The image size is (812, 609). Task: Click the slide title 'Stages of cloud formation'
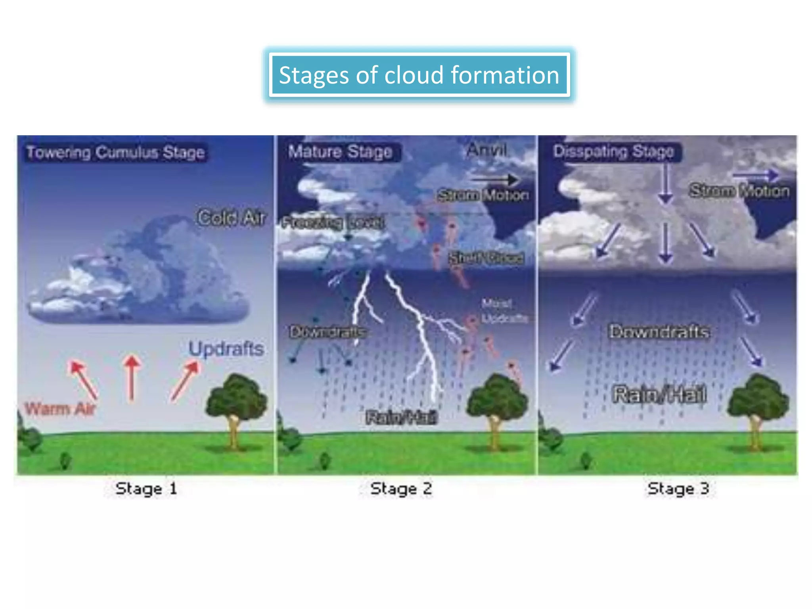419,75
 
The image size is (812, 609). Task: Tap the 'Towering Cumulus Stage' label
115,152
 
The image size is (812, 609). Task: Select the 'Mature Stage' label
340,151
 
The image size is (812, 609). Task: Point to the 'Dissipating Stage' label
613,151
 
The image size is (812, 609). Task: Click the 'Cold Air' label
231,218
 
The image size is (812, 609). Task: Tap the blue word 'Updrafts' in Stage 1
226,349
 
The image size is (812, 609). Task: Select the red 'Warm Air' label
60,409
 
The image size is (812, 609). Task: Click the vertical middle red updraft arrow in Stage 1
132,377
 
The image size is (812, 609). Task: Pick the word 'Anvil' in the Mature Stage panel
486,150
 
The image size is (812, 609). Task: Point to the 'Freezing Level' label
332,222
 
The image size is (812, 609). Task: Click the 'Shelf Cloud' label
486,259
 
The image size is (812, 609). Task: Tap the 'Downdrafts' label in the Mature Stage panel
327,332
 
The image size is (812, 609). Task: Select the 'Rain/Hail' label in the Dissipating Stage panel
659,395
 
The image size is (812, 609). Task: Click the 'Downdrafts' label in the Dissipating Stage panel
659,332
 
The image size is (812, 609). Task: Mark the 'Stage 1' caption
146,488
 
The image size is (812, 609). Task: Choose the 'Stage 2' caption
401,488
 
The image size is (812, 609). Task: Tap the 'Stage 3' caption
678,488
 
